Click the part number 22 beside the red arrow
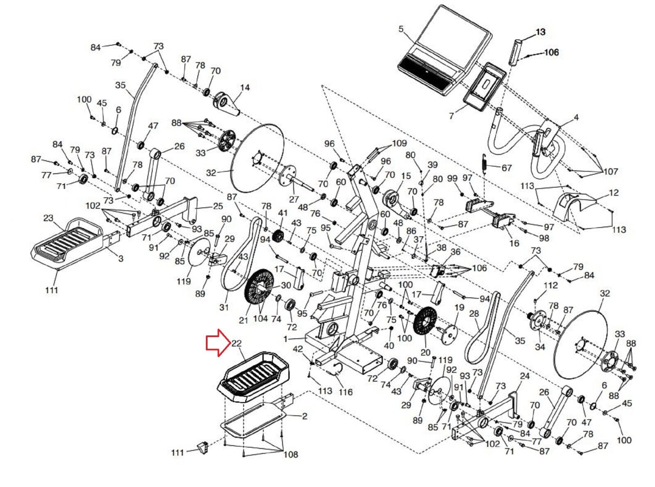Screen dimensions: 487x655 coord(237,343)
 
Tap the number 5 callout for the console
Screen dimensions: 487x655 coord(401,29)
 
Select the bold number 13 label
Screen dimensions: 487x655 coord(540,32)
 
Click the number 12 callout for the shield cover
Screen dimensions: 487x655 coord(614,193)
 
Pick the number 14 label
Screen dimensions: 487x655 coord(245,88)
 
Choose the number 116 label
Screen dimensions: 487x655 coord(346,392)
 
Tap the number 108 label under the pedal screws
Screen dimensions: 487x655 coord(291,454)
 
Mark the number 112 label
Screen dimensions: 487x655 coord(551,285)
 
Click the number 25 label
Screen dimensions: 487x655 coord(218,206)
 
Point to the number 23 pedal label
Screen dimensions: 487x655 coord(48,218)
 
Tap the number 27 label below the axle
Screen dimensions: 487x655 coord(294,199)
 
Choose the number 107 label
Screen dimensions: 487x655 coord(610,171)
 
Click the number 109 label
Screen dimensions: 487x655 coord(399,143)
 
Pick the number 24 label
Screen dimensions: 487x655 coord(525,376)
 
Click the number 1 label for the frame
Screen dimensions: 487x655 coord(286,339)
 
